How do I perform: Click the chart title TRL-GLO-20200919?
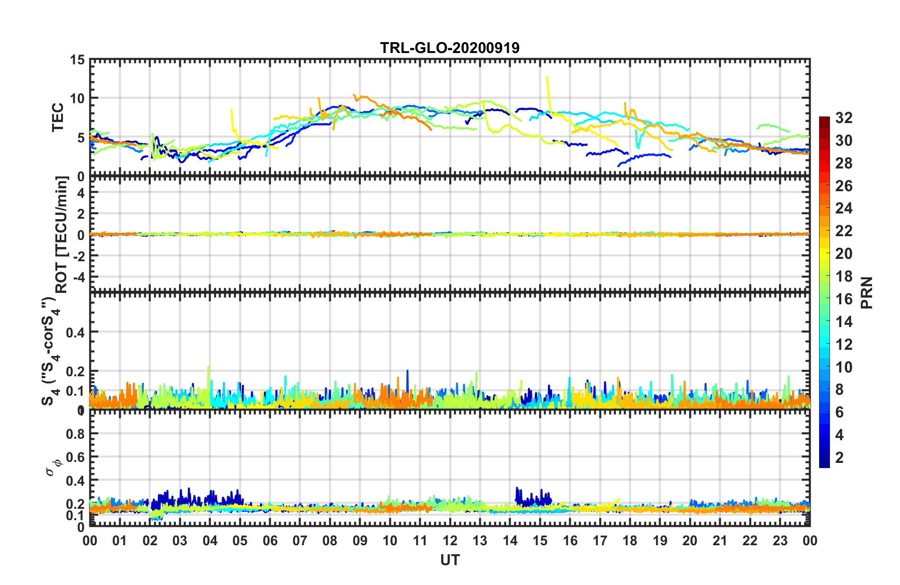tap(450, 48)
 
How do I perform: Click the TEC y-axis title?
tap(58, 117)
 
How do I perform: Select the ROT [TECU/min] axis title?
tap(62, 234)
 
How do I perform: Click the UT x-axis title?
tap(450, 560)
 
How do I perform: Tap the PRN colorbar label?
tap(866, 293)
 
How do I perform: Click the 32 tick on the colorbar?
tap(843, 118)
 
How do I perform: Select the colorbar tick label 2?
tap(839, 457)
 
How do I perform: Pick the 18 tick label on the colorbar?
tap(843, 276)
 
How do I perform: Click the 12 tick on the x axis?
tap(450, 541)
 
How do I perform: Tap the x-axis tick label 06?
tap(270, 541)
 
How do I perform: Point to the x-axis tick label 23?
tap(780, 541)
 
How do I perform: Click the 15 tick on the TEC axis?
tap(77, 60)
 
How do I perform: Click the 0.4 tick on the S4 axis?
tap(75, 332)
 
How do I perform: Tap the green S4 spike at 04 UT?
tap(209, 374)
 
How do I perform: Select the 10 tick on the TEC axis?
tap(77, 99)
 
